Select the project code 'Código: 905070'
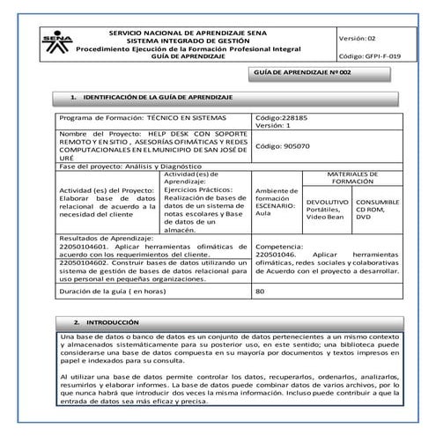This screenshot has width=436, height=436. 284,146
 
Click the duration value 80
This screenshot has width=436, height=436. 260,291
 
